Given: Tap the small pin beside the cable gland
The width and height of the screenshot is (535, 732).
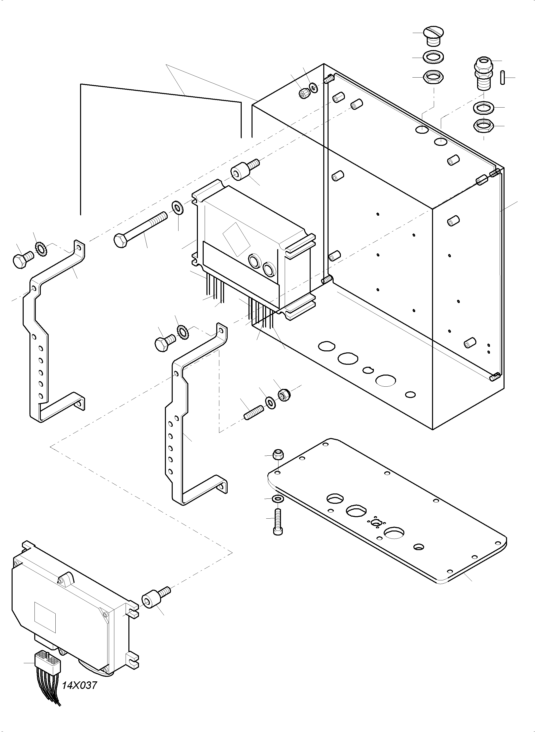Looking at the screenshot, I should tap(502, 77).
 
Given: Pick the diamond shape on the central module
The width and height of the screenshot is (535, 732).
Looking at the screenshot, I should tap(237, 240).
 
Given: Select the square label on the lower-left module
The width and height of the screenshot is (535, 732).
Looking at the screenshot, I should tap(45, 618).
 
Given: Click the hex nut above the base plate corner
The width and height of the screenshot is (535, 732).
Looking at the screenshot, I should tap(278, 455).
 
